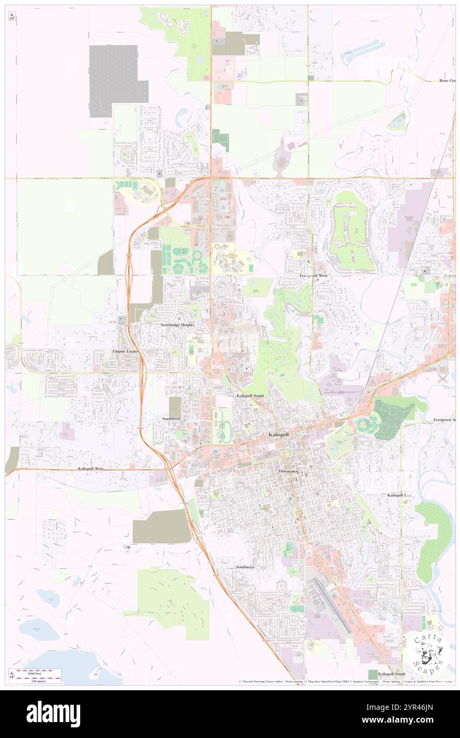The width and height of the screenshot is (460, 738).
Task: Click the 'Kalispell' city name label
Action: pyautogui.click(x=279, y=434)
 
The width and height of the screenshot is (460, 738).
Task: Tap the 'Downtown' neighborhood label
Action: pyautogui.click(x=289, y=471)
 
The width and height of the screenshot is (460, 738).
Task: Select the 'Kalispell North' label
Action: pyautogui.click(x=250, y=396)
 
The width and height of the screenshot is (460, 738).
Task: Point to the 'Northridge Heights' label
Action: pyautogui.click(x=177, y=324)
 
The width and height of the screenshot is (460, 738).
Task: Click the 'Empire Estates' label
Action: pyautogui.click(x=125, y=351)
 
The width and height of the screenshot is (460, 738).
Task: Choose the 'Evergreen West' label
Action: pyautogui.click(x=313, y=276)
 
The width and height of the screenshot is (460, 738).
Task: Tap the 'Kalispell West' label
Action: pyautogui.click(x=90, y=469)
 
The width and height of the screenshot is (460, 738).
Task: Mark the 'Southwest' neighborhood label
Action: pyautogui.click(x=245, y=567)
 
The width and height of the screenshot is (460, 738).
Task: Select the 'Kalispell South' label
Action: pyautogui.click(x=391, y=673)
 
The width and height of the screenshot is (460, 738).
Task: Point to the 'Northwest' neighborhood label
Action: pyautogui.click(x=172, y=419)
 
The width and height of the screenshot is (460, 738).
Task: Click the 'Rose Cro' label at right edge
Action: pyautogui.click(x=447, y=81)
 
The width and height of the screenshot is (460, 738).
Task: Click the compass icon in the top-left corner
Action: pyautogui.click(x=12, y=16)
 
